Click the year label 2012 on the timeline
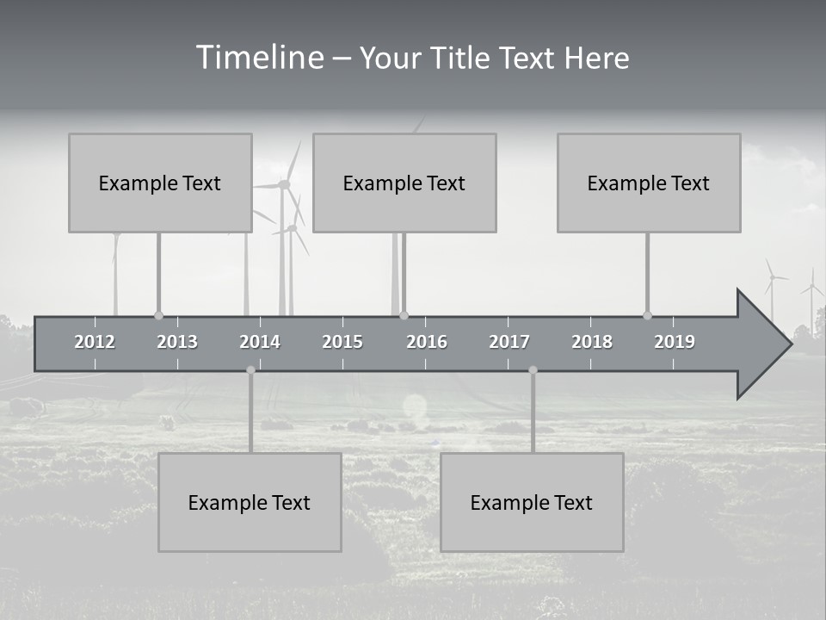click(x=95, y=342)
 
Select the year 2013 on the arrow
click(x=177, y=342)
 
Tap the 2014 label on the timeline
click(x=260, y=342)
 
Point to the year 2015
click(x=342, y=342)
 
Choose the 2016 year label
click(x=427, y=342)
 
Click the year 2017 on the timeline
click(x=509, y=342)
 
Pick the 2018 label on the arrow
click(x=592, y=342)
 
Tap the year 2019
click(x=675, y=342)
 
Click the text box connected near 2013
click(x=160, y=183)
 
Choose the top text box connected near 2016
click(x=404, y=183)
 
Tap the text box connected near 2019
click(x=649, y=183)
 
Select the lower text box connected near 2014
click(x=250, y=502)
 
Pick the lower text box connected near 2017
click(x=532, y=502)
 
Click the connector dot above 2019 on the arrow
click(x=647, y=315)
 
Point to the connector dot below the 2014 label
click(x=250, y=369)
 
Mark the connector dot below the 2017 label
click(x=533, y=369)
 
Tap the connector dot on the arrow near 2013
click(x=158, y=315)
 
